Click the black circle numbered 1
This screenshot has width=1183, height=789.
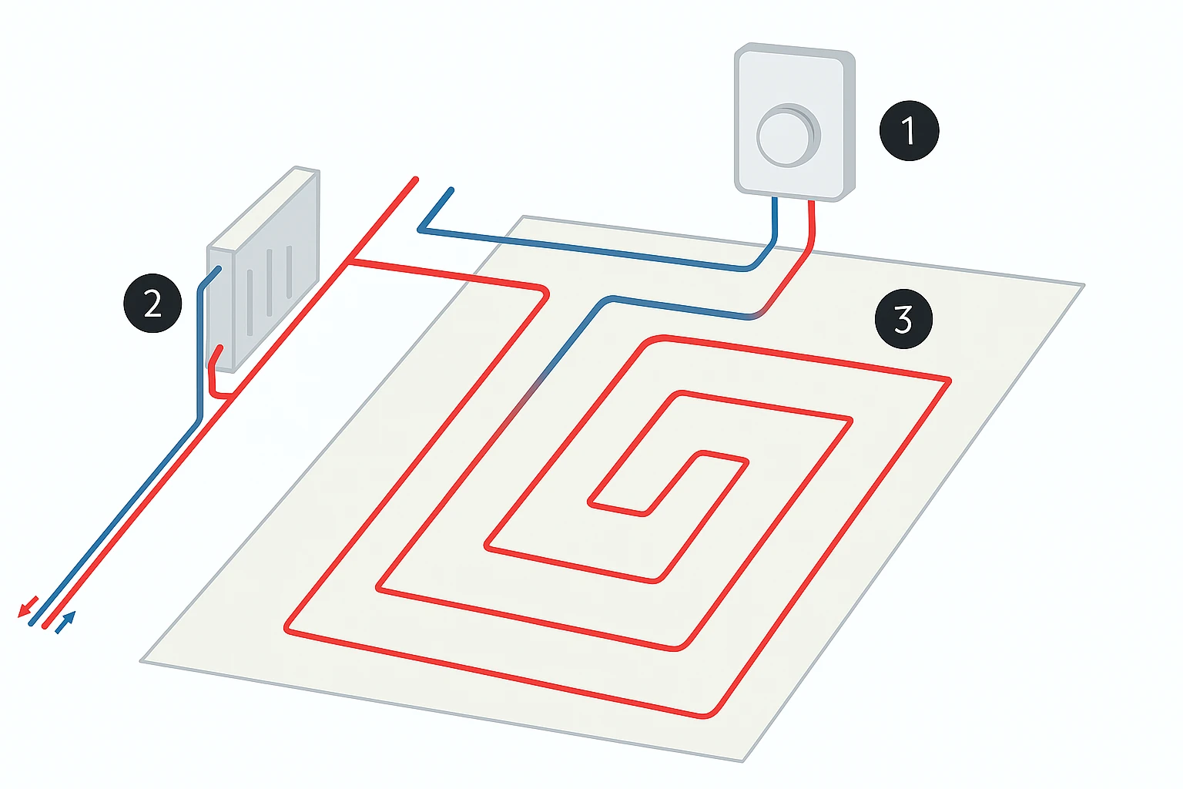point(909,130)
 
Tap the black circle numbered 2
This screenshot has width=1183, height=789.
point(152,304)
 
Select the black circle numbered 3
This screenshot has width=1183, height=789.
point(903,319)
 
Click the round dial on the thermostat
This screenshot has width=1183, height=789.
point(788,136)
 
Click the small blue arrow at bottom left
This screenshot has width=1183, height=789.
point(66,622)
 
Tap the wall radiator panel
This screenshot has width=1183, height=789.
point(263,270)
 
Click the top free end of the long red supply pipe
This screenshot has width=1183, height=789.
point(415,180)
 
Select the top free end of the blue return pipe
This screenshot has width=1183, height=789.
point(451,190)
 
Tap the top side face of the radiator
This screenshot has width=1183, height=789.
point(263,208)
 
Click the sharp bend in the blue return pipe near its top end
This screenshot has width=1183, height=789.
point(421,230)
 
